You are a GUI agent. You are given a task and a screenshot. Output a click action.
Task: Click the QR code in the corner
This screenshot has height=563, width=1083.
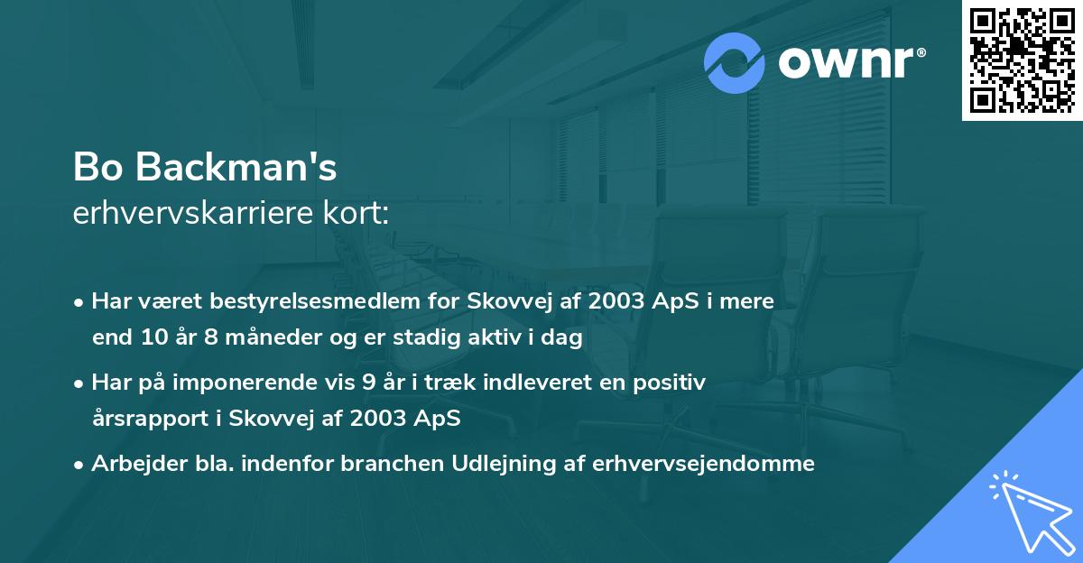tap(1022, 60)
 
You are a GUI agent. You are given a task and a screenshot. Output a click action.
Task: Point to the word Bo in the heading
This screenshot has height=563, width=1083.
tap(97, 168)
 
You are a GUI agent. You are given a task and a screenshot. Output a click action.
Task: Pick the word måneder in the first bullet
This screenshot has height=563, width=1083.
tap(255, 338)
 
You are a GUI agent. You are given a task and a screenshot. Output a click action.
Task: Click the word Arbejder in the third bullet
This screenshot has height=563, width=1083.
tap(132, 464)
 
